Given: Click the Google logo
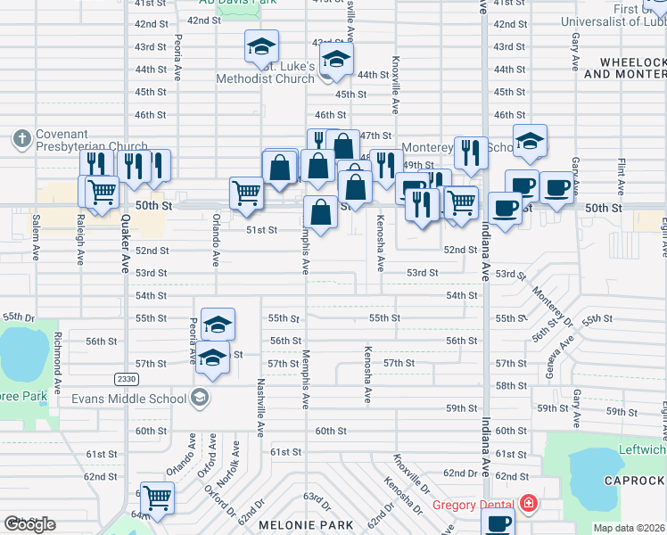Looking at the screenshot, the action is click(x=29, y=524).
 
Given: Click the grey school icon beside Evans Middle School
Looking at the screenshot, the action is click(x=201, y=398).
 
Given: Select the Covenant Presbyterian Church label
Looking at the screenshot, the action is click(x=92, y=140).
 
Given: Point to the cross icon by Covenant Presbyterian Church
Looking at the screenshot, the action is click(x=22, y=139).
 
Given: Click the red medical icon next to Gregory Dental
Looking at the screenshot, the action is click(x=528, y=505).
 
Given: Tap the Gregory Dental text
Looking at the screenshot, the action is click(x=475, y=505).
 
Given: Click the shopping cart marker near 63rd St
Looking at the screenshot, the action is click(x=157, y=498).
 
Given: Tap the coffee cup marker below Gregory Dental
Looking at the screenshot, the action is click(x=498, y=524).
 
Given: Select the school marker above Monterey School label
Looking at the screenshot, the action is click(x=530, y=141).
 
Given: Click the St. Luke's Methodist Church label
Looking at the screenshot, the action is click(x=266, y=72).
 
